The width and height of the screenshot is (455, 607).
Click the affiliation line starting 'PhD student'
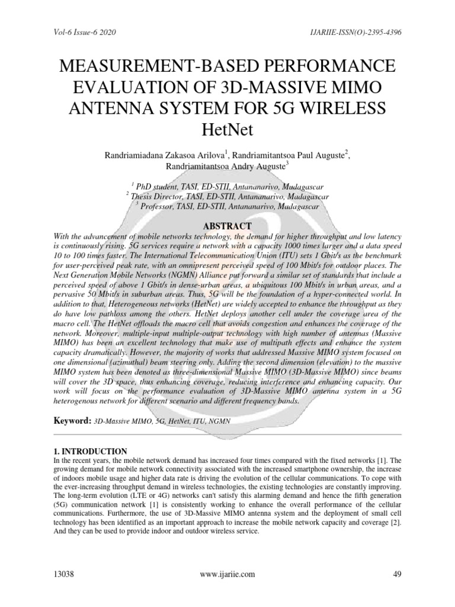[x=227, y=186]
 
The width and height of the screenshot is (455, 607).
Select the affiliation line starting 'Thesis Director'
[x=227, y=196]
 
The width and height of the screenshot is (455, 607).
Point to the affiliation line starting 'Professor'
[x=227, y=206]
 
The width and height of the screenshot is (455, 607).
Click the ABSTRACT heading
[x=227, y=226]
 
